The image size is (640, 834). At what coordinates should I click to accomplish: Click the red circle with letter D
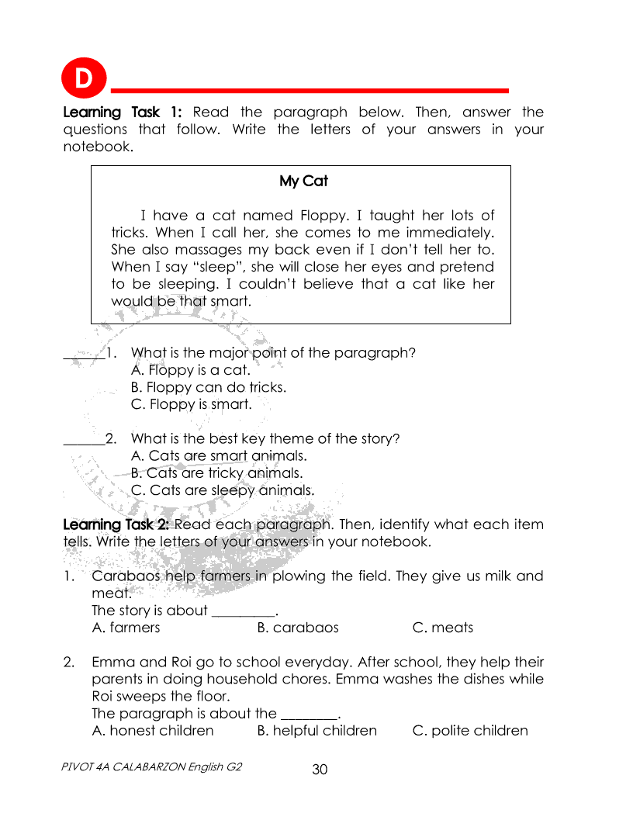(82, 78)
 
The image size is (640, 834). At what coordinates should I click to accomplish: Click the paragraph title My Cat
(303, 181)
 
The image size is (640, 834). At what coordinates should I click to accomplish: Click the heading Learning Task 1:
(122, 112)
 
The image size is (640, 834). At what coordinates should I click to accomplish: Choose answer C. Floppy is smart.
(191, 404)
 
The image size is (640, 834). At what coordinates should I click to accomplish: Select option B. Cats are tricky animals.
(216, 472)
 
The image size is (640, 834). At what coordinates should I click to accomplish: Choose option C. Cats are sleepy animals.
(223, 490)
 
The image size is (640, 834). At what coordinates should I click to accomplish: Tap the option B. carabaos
(298, 628)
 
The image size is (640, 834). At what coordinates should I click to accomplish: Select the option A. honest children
(153, 731)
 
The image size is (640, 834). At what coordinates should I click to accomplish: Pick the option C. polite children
(470, 731)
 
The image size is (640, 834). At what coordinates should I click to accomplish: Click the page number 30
(320, 770)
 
